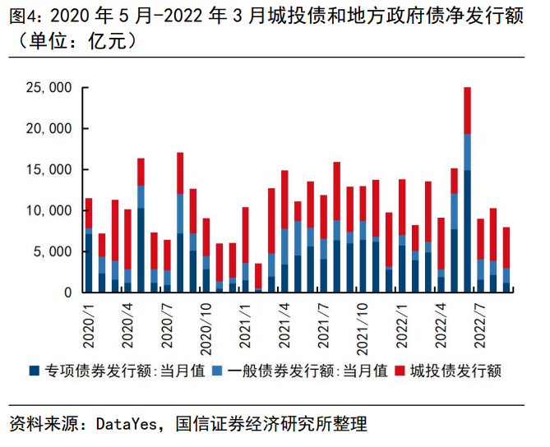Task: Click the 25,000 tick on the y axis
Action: tap(51, 88)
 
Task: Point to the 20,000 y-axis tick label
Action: tap(51, 129)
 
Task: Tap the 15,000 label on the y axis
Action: tap(51, 170)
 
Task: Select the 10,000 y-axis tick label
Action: tap(51, 210)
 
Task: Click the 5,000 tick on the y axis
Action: tap(54, 251)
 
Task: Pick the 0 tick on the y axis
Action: tap(67, 293)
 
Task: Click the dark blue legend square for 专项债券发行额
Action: tap(34, 371)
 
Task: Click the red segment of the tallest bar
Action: tap(467, 110)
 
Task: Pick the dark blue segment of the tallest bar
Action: tap(467, 231)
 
